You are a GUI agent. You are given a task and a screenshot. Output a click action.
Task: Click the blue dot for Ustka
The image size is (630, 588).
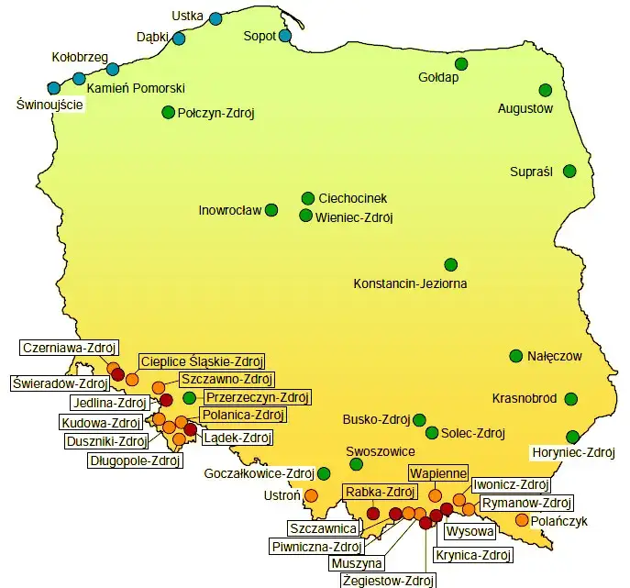pos(216,18)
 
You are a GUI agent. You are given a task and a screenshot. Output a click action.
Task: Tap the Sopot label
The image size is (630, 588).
pos(260,37)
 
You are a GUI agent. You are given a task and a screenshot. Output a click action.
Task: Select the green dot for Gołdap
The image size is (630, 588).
pos(461,63)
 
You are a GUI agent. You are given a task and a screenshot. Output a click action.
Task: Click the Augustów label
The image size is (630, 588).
pos(525,108)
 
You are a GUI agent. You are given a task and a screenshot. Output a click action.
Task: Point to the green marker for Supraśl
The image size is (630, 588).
pos(569,171)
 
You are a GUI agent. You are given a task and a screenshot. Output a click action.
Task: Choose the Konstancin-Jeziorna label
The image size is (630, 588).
pos(410,283)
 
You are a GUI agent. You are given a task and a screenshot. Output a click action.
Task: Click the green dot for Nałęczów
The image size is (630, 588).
pos(516,356)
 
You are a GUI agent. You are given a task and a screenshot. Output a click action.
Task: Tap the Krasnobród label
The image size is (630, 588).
pos(525,399)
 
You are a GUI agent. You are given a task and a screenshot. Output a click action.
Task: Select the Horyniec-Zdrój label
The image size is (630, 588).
pos(573,452)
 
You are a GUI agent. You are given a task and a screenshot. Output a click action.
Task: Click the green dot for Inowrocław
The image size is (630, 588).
pos(271,210)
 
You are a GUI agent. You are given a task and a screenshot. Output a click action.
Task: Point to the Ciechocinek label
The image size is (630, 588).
pos(353,198)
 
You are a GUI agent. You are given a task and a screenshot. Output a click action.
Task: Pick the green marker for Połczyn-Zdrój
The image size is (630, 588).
pos(168,112)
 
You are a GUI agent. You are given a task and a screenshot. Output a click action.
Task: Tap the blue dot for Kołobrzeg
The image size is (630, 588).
pos(112,69)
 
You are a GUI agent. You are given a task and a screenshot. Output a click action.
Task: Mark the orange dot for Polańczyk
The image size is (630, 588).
pos(522,520)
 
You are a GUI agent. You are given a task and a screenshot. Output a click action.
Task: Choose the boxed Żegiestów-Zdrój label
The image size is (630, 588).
pos(387,580)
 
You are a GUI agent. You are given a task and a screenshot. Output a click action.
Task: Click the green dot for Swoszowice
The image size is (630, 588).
pos(357,464)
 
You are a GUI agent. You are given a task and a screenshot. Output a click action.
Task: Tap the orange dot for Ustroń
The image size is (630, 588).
pos(310,495)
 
